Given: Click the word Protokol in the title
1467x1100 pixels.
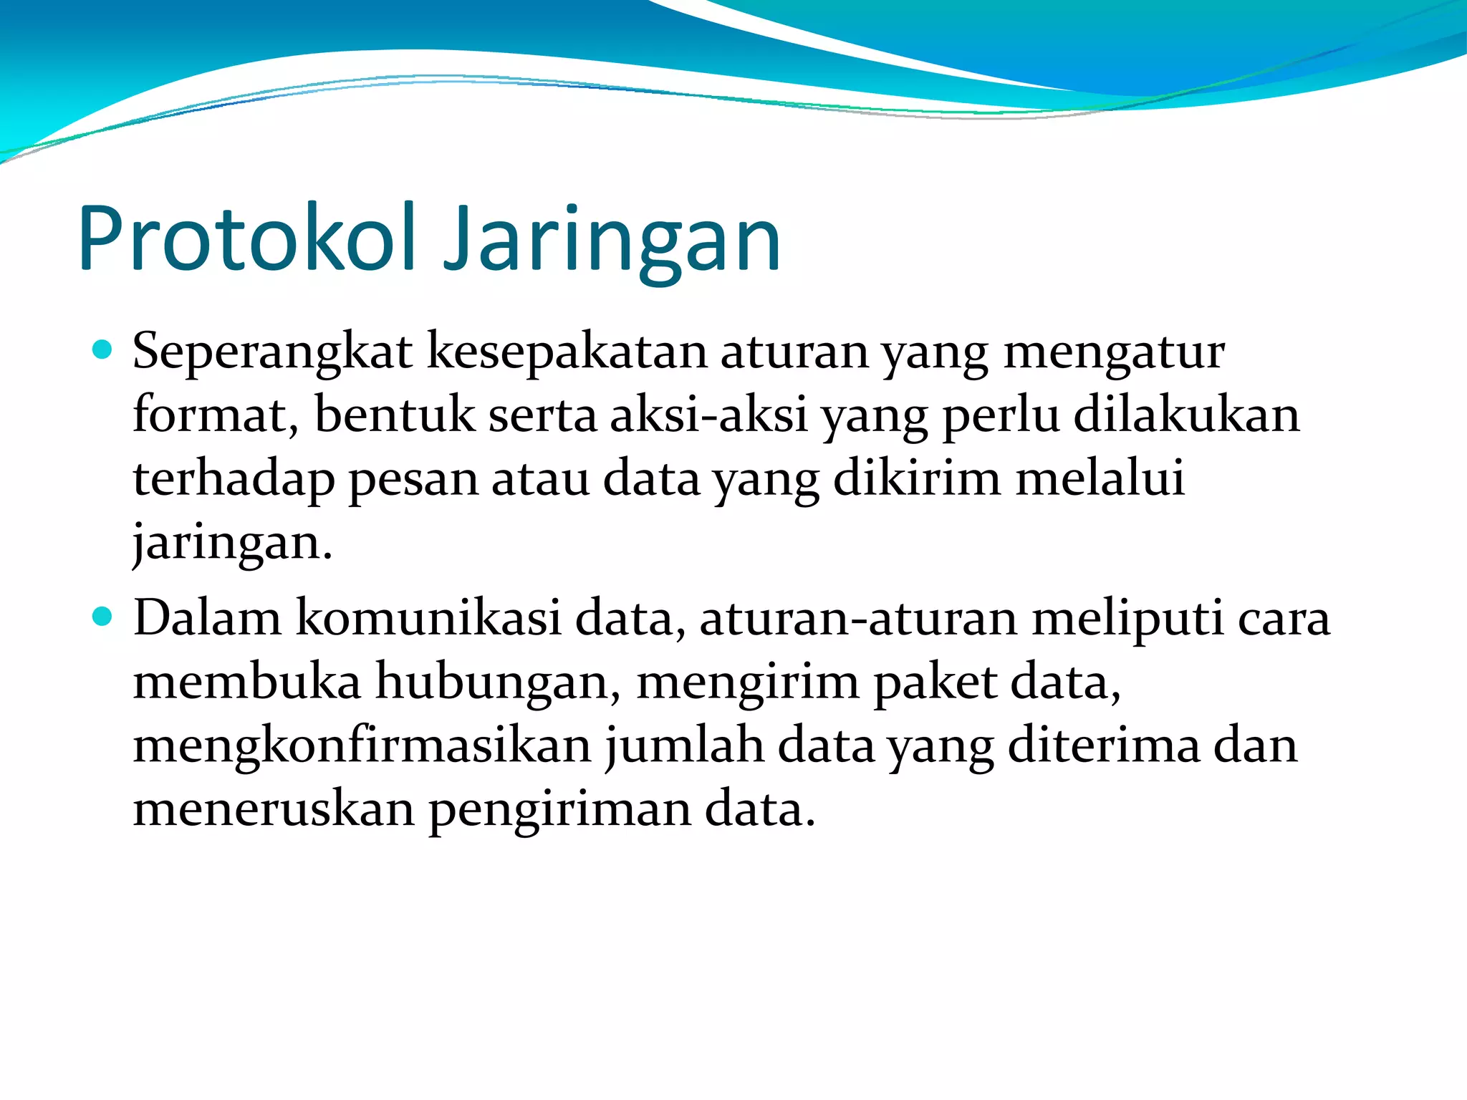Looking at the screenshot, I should coord(247,238).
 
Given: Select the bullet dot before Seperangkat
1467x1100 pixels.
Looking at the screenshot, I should coord(103,349).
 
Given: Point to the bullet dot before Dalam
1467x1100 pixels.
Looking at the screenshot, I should coord(103,616).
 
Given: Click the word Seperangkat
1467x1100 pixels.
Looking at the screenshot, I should coord(272,352).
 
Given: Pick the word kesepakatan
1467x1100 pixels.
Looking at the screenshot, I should coord(567,352).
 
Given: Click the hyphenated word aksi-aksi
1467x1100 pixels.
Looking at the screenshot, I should coord(709,415).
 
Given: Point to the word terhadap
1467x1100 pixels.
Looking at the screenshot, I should coord(234,480).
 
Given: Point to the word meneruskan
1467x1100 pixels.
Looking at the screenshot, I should coord(274,810).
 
